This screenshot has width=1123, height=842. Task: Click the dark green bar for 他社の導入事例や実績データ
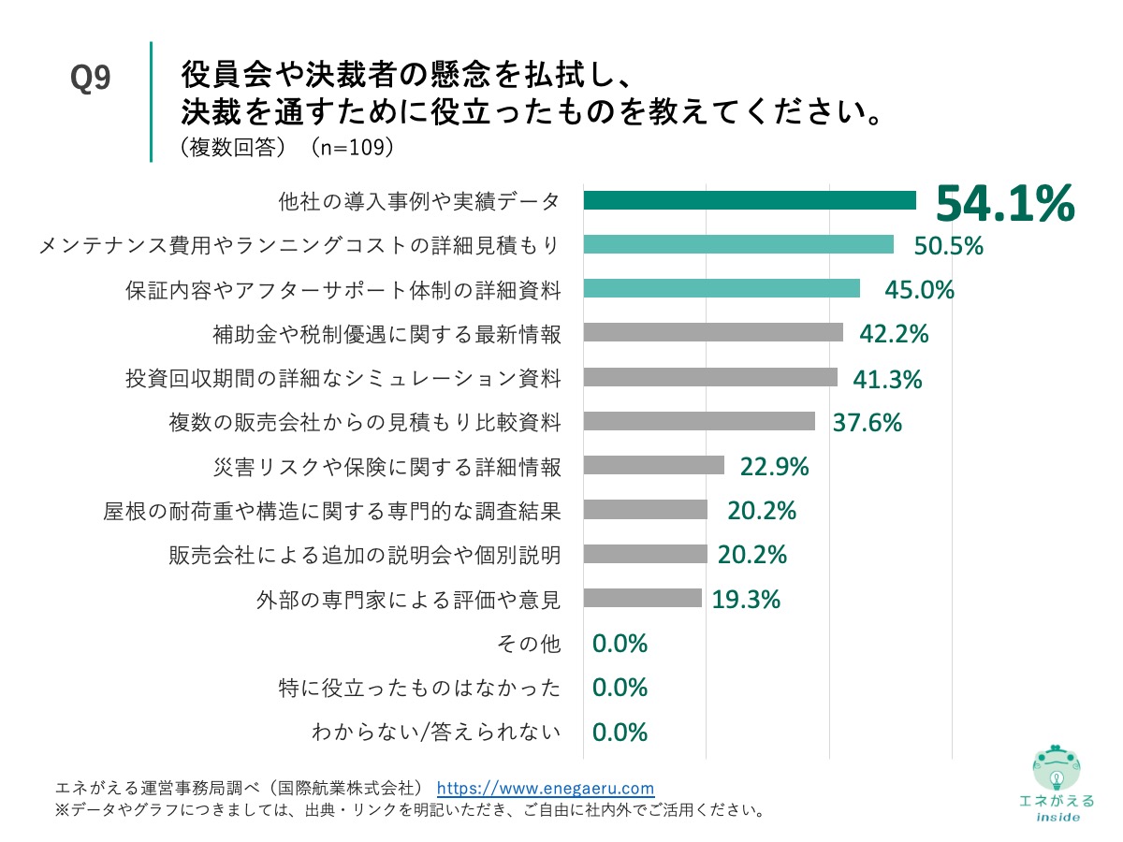click(749, 200)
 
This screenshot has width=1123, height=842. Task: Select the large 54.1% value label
click(1004, 203)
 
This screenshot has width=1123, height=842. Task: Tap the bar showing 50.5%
click(737, 245)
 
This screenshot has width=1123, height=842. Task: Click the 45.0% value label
click(919, 290)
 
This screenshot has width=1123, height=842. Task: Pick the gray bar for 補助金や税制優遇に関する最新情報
click(712, 333)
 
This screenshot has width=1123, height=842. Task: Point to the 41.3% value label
click(887, 379)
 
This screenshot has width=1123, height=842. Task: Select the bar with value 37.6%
click(698, 422)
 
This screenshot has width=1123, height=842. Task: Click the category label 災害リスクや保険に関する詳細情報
click(387, 466)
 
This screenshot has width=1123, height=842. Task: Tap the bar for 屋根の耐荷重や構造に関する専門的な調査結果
click(645, 510)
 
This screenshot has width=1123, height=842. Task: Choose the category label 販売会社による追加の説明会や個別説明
click(365, 555)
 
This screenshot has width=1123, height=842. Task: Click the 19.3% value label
click(746, 600)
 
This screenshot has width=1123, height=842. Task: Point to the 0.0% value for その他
click(620, 644)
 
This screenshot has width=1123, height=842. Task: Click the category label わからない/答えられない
click(436, 733)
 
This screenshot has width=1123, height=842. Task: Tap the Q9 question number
click(91, 80)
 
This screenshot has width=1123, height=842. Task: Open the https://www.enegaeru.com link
click(546, 788)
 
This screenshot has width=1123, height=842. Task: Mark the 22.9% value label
click(774, 466)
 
